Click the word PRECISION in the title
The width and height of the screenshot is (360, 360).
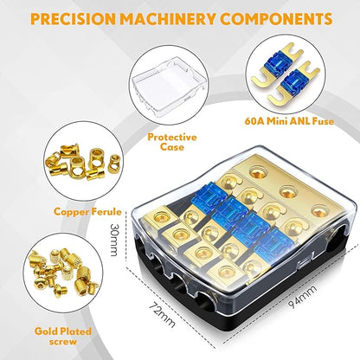tap(73, 19)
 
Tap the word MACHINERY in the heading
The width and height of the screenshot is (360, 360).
tap(168, 19)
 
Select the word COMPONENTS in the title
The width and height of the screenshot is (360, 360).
tap(276, 19)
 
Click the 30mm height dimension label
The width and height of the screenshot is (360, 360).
tap(113, 240)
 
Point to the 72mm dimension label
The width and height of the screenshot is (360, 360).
tap(162, 315)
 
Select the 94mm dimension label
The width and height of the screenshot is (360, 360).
tap(303, 297)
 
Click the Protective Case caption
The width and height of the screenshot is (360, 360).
tap(172, 142)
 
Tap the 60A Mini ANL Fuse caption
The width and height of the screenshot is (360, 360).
tap(289, 121)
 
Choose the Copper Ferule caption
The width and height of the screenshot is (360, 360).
tap(87, 212)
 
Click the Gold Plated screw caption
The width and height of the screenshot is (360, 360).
tap(63, 337)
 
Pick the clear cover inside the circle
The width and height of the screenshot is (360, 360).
tap(169, 86)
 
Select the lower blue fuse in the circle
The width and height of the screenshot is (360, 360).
tap(293, 86)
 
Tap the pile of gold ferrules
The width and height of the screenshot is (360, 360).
tap(84, 163)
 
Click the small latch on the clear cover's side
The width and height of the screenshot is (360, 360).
tap(303, 264)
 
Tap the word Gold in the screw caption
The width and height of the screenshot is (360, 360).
tap(45, 331)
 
